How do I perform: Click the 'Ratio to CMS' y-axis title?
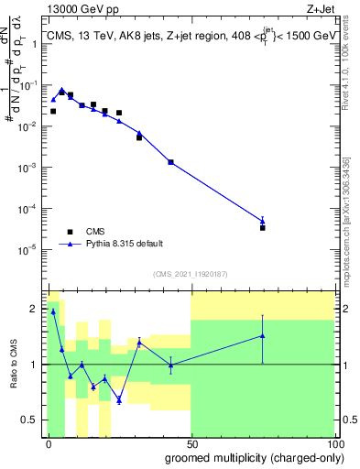coord(15,364)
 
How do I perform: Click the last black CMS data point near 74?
coord(262,227)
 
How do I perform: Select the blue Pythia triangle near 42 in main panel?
coord(170,161)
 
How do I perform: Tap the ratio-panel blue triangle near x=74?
coord(262,335)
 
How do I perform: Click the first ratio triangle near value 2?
coord(53,311)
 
